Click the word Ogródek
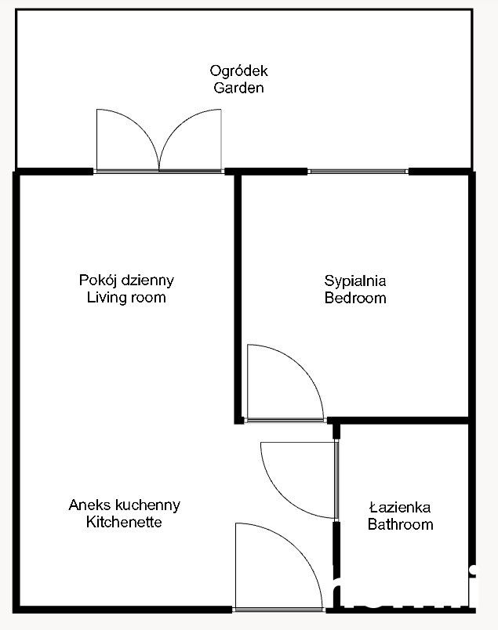click(x=238, y=71)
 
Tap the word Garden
click(x=238, y=88)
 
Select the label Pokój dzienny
click(x=126, y=281)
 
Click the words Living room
click(x=126, y=297)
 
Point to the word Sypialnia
click(x=355, y=281)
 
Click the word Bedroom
click(x=355, y=298)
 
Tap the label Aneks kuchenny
click(x=124, y=505)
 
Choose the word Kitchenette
click(x=124, y=522)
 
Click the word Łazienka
click(x=400, y=507)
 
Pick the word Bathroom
click(x=400, y=524)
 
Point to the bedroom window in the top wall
click(x=358, y=172)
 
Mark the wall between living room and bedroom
click(x=238, y=297)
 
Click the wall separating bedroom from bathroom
click(x=398, y=421)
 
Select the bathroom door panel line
click(x=336, y=480)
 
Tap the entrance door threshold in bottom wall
click(x=278, y=610)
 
